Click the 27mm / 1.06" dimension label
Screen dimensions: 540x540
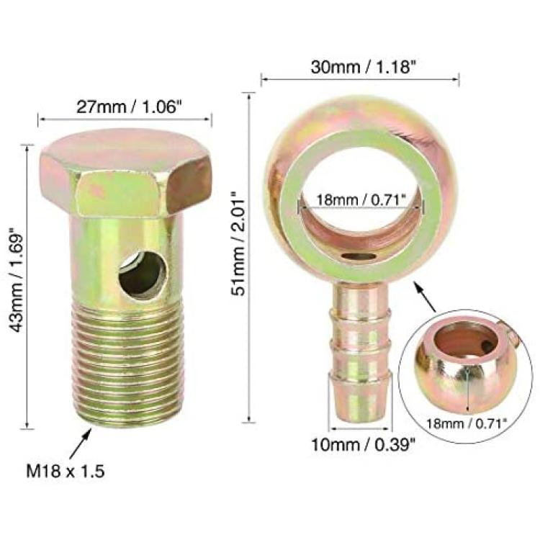pos(128,107)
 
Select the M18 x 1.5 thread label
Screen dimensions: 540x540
pos(65,472)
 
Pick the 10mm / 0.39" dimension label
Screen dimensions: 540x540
pos(364,445)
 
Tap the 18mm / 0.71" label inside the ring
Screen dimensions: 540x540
pos(361,200)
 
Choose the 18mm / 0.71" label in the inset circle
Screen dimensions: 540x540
pos(467,423)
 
